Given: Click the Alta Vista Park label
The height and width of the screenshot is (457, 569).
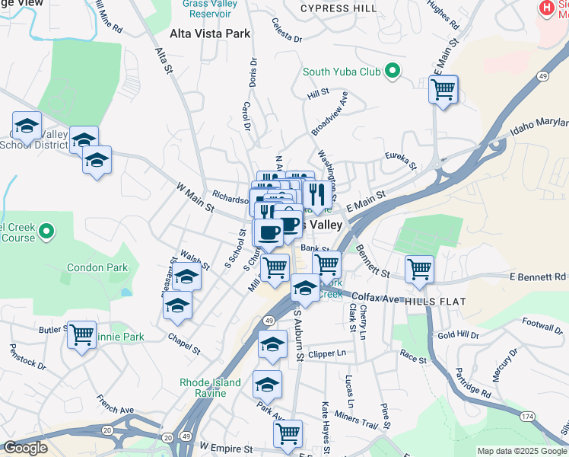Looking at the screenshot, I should tap(209, 34).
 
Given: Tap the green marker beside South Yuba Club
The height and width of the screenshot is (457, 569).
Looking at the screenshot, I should tap(393, 72).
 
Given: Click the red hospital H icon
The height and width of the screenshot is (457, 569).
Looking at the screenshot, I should tap(545, 8).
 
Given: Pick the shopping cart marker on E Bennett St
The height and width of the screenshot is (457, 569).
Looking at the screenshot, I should tap(420, 269).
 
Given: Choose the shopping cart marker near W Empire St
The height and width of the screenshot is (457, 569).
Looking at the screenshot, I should tap(288, 433).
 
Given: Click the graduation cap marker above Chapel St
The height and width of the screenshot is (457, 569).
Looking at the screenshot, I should tap(177, 305).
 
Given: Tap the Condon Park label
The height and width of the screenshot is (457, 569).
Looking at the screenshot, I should tap(97, 267).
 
